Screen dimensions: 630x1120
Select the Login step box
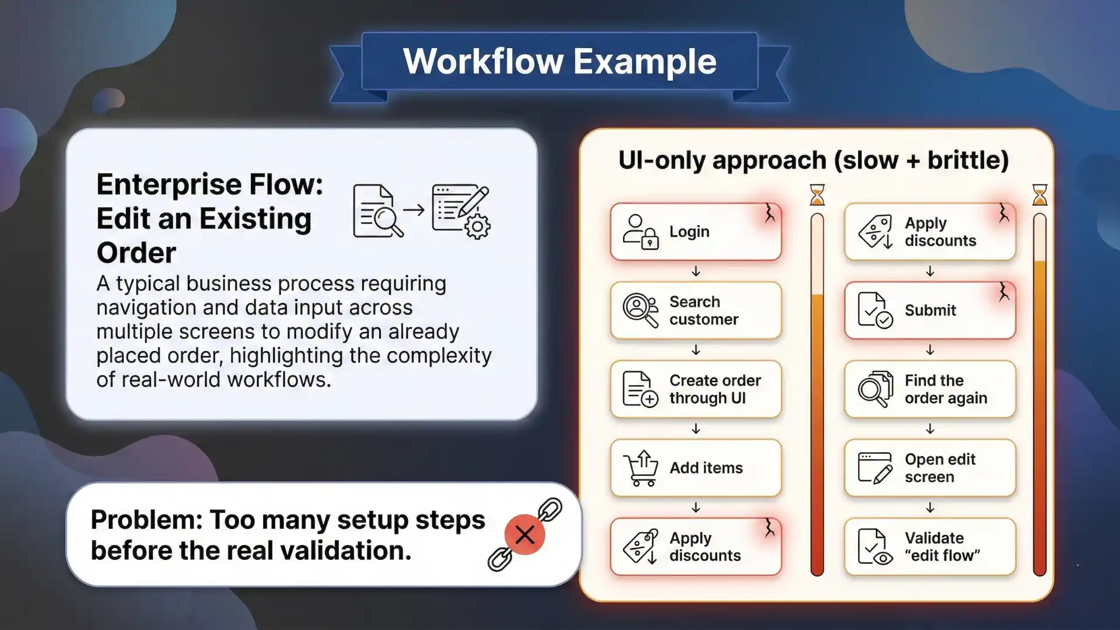point(695,232)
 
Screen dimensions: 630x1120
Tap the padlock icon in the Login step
point(650,241)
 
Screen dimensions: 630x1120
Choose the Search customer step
point(695,310)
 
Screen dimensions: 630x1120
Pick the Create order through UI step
point(695,389)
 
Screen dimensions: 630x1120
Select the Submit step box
point(930,310)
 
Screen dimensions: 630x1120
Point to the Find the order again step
point(930,389)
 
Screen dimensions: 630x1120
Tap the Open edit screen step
point(930,468)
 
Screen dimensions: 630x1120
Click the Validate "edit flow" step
point(930,547)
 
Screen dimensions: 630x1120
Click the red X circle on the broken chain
point(524,534)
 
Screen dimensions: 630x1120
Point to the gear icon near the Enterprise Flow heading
point(478,226)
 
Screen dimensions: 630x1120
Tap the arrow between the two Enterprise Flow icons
point(414,209)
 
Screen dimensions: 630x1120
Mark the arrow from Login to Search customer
point(696,271)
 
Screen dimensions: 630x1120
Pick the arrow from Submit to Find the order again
point(930,350)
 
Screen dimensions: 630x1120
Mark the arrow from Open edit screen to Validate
point(930,508)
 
